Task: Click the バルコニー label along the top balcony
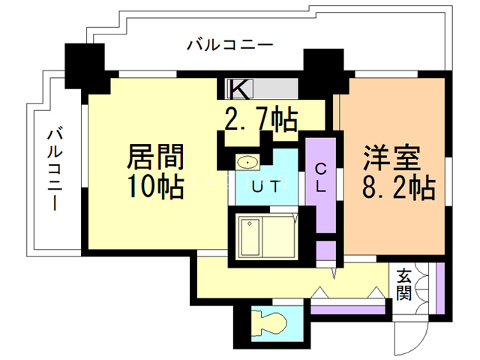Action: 230,44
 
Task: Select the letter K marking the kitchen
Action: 238,88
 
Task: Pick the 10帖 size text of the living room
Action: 155,187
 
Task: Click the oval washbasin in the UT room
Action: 247,162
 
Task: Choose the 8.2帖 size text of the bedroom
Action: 398,187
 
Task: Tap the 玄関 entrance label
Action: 405,283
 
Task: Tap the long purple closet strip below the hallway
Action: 348,307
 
